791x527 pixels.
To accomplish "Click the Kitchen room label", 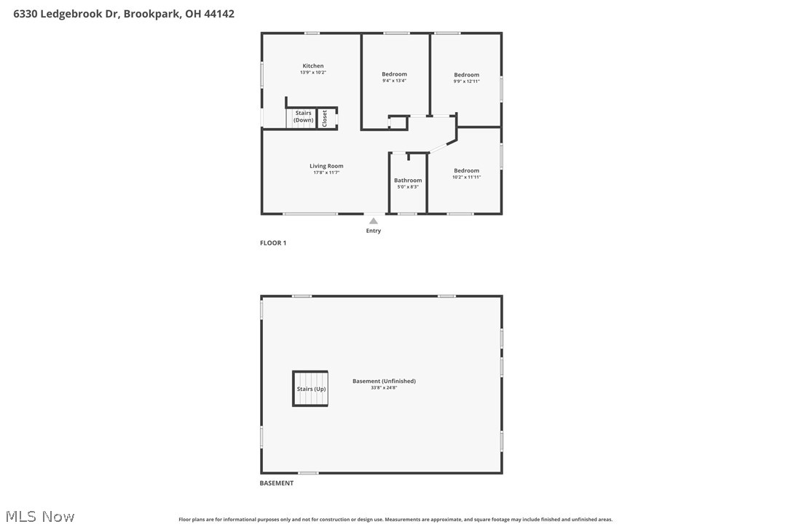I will (x=313, y=66).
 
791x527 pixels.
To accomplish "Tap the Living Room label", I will (x=326, y=166).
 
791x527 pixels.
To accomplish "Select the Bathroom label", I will (x=408, y=181).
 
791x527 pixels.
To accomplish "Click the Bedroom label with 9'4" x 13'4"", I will (x=394, y=74).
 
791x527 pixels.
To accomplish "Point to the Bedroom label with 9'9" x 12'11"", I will (x=466, y=75).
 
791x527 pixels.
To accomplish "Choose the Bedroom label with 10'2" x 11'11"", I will (x=466, y=170).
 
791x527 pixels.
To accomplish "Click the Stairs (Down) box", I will (x=303, y=117).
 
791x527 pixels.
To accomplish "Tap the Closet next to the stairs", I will (x=326, y=118).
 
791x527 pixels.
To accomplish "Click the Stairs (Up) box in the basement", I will (x=311, y=389).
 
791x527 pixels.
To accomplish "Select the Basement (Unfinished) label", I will (x=384, y=381).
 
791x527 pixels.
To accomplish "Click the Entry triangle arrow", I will (x=373, y=221).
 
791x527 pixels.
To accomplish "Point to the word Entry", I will (x=373, y=231).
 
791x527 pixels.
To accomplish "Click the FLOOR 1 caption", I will (x=273, y=243).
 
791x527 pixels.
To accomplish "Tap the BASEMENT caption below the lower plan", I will (x=277, y=483).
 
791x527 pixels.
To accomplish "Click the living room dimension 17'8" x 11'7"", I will (x=326, y=173).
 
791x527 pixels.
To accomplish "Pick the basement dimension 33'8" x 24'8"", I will (x=384, y=388).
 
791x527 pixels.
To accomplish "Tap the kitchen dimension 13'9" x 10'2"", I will (x=313, y=73).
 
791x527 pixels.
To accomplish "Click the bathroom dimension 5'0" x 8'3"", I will (x=408, y=187).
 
